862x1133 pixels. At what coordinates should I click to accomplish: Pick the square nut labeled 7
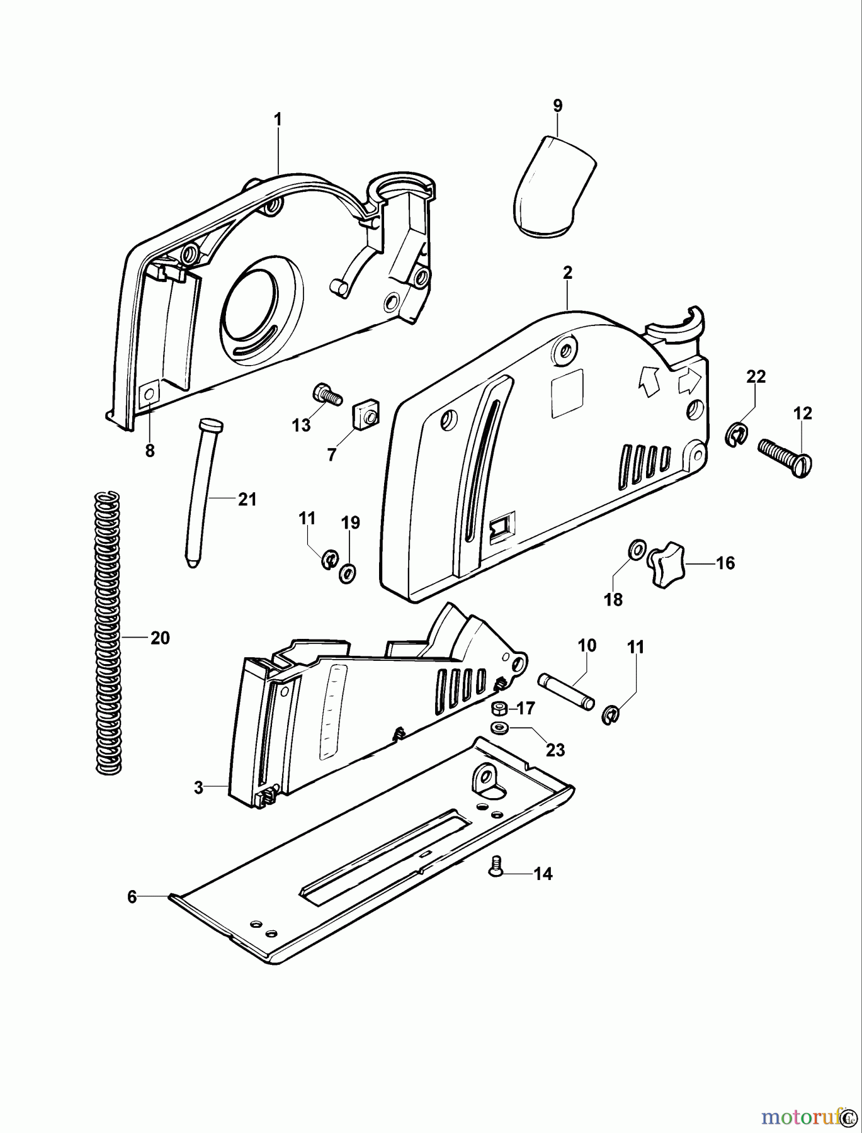(x=364, y=416)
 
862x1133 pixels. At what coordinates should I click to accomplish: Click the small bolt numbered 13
(x=326, y=395)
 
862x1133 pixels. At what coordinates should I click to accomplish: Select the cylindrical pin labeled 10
(x=565, y=691)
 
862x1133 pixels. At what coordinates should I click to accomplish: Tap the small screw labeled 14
(x=495, y=869)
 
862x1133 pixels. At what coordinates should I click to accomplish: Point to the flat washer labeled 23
(x=501, y=728)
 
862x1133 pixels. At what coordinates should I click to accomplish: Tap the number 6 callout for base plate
(x=132, y=896)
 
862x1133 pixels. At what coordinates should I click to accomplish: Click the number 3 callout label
(x=198, y=787)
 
